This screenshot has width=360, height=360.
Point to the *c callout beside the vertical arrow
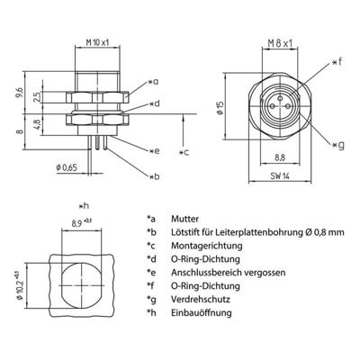coord(185,150)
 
